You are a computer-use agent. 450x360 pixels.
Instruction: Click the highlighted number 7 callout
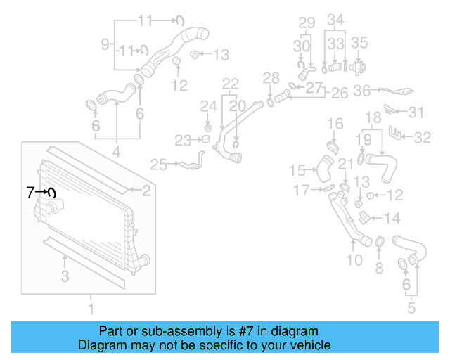pos(30,191)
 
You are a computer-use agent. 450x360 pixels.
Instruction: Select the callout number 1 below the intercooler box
pos(90,308)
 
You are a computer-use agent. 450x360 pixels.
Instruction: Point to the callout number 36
pos(361,90)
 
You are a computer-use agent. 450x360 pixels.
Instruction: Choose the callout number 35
pos(359,43)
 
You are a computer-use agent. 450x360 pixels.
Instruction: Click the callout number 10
pos(354,260)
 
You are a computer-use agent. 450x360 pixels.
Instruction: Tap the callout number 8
pos(379,267)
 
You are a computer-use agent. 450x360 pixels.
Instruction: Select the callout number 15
pos(298,170)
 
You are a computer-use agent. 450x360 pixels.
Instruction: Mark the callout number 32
pos(422,138)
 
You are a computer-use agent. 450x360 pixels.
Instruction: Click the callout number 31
pos(417,112)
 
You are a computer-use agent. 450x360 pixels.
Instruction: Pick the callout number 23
pos(183,141)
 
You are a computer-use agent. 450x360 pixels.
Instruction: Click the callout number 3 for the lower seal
pos(65,276)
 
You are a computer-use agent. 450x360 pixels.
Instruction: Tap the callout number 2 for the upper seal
pos(146,190)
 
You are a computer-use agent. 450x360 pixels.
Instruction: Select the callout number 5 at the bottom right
pos(411,307)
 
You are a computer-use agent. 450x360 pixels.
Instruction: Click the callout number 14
pos(392,218)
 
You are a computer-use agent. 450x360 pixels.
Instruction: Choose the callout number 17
pos(301,190)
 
